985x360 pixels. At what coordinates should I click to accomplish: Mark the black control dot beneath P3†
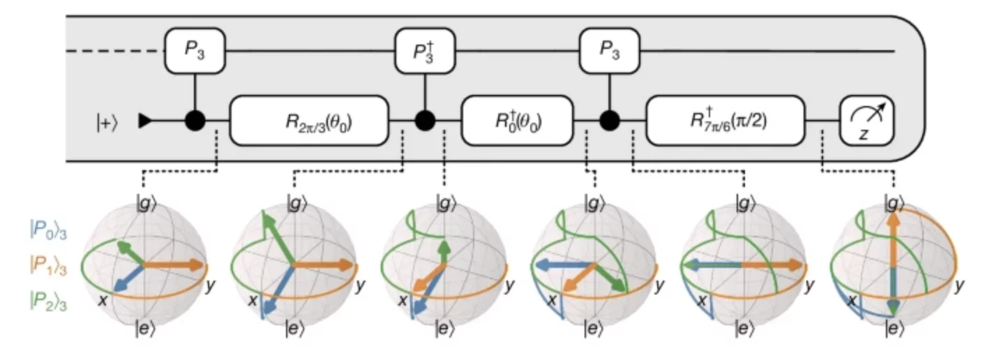pos(424,120)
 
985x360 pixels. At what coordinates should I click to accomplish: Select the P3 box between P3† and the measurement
pos(610,51)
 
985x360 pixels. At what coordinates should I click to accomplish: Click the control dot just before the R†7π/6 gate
pos(610,120)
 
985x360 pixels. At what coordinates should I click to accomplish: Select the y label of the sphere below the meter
pos(959,285)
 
